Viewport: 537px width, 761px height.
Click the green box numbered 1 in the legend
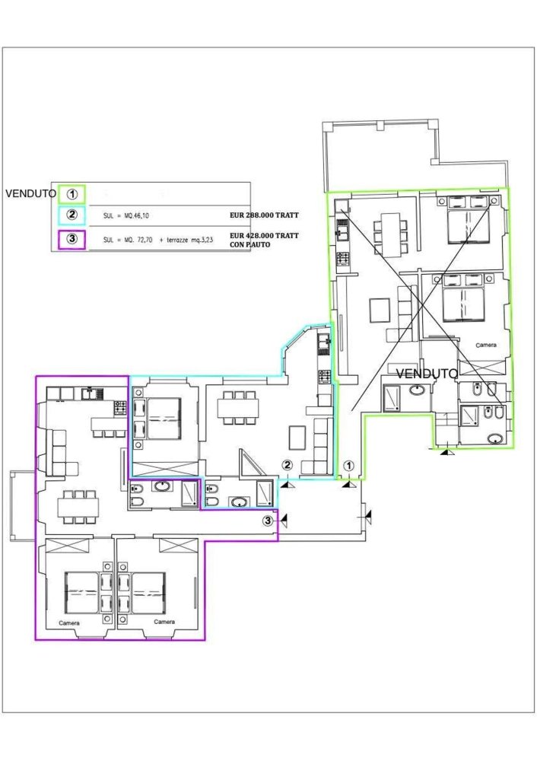point(72,194)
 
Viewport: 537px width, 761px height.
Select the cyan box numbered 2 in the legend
point(72,216)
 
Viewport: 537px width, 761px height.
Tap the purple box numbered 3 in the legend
point(72,240)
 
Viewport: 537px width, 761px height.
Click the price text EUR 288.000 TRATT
point(264,216)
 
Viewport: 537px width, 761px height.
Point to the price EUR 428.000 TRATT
point(264,236)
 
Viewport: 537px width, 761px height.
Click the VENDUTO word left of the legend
point(30,194)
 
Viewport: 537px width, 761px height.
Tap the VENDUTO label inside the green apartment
point(427,374)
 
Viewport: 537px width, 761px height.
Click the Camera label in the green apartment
point(486,345)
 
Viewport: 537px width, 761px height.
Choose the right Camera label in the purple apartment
point(164,622)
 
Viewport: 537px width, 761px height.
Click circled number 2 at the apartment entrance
point(287,464)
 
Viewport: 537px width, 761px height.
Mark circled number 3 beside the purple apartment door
point(267,521)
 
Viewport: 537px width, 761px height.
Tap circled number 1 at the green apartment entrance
point(348,464)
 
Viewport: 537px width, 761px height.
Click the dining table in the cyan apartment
point(234,408)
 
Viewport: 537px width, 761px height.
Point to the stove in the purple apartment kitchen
point(120,409)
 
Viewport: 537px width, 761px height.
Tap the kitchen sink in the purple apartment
point(89,393)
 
